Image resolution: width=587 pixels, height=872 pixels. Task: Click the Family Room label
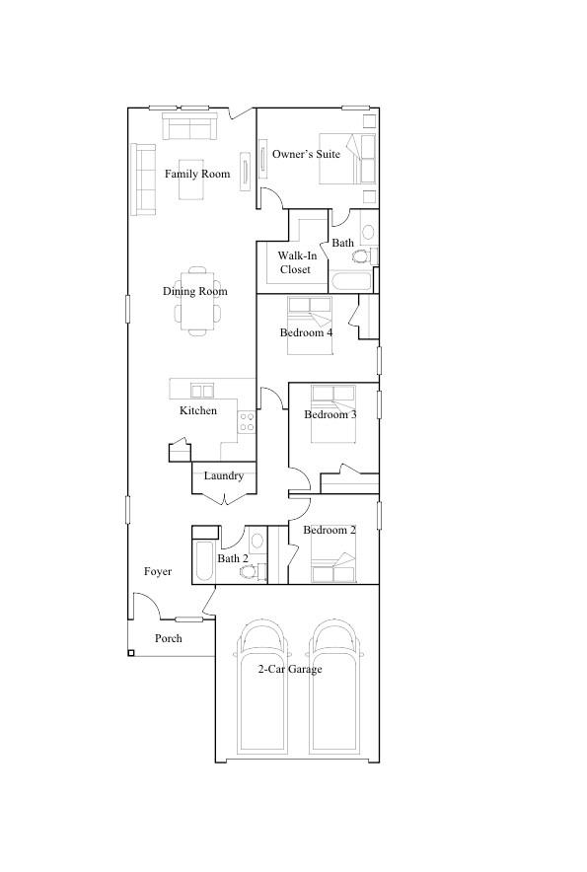coord(197,175)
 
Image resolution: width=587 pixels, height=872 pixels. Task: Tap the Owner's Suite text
coord(306,155)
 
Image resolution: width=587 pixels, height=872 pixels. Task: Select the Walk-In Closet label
coord(295,262)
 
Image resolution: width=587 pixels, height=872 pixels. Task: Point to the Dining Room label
coord(195,291)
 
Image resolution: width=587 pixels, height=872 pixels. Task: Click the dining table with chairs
coord(198,301)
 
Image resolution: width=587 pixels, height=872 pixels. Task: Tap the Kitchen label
coord(198,410)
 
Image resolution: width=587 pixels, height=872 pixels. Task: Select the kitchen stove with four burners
coord(247,422)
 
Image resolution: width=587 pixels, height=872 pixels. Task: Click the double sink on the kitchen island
coord(202,391)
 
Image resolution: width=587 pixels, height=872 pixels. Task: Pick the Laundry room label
coord(224,476)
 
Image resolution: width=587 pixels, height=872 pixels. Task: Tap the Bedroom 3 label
coord(330,414)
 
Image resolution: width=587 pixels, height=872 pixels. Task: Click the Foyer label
coord(158,572)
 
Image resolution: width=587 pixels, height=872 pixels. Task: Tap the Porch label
coord(169,639)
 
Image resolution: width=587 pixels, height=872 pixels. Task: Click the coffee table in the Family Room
coord(191,179)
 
